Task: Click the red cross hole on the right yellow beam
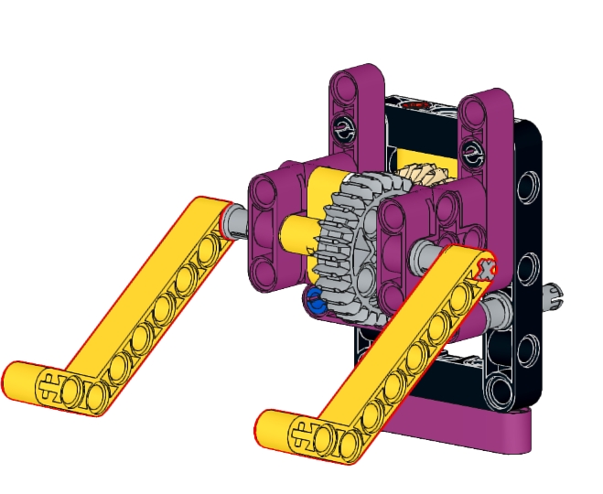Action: [486, 269]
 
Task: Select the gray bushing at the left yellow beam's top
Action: [233, 220]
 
